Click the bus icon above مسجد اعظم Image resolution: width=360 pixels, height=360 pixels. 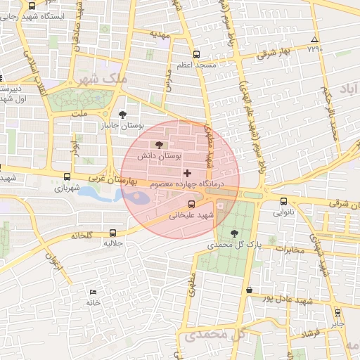pyautogui.click(x=197, y=53)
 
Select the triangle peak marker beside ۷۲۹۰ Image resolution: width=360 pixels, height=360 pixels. pyautogui.click(x=314, y=39)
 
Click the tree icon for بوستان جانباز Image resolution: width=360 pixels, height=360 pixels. pyautogui.click(x=123, y=114)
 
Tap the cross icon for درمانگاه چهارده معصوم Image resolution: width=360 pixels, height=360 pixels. pyautogui.click(x=186, y=173)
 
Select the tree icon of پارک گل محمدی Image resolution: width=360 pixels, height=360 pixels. pyautogui.click(x=234, y=234)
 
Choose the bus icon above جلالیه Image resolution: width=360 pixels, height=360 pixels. pyautogui.click(x=113, y=233)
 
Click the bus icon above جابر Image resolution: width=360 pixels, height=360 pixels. pyautogui.click(x=338, y=313)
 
